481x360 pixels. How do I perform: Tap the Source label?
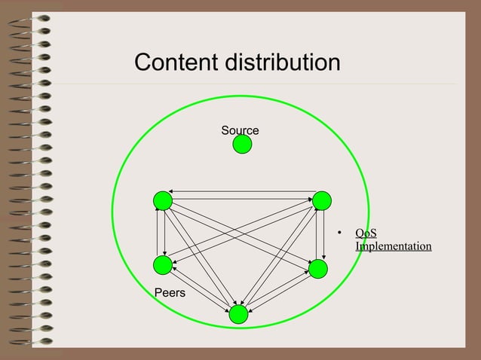(240, 130)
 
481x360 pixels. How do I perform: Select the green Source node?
(242, 145)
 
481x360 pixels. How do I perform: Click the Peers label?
(170, 291)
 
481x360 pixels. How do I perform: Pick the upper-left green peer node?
(162, 200)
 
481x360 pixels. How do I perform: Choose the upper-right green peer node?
(322, 200)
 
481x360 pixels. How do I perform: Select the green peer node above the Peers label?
(162, 265)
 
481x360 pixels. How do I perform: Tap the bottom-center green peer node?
(238, 314)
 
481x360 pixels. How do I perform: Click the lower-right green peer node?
(317, 269)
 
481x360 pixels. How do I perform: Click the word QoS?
(366, 233)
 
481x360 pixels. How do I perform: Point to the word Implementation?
(393, 246)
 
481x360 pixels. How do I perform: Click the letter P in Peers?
(158, 291)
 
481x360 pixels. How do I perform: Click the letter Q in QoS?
(360, 233)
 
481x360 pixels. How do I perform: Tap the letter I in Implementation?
(357, 246)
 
